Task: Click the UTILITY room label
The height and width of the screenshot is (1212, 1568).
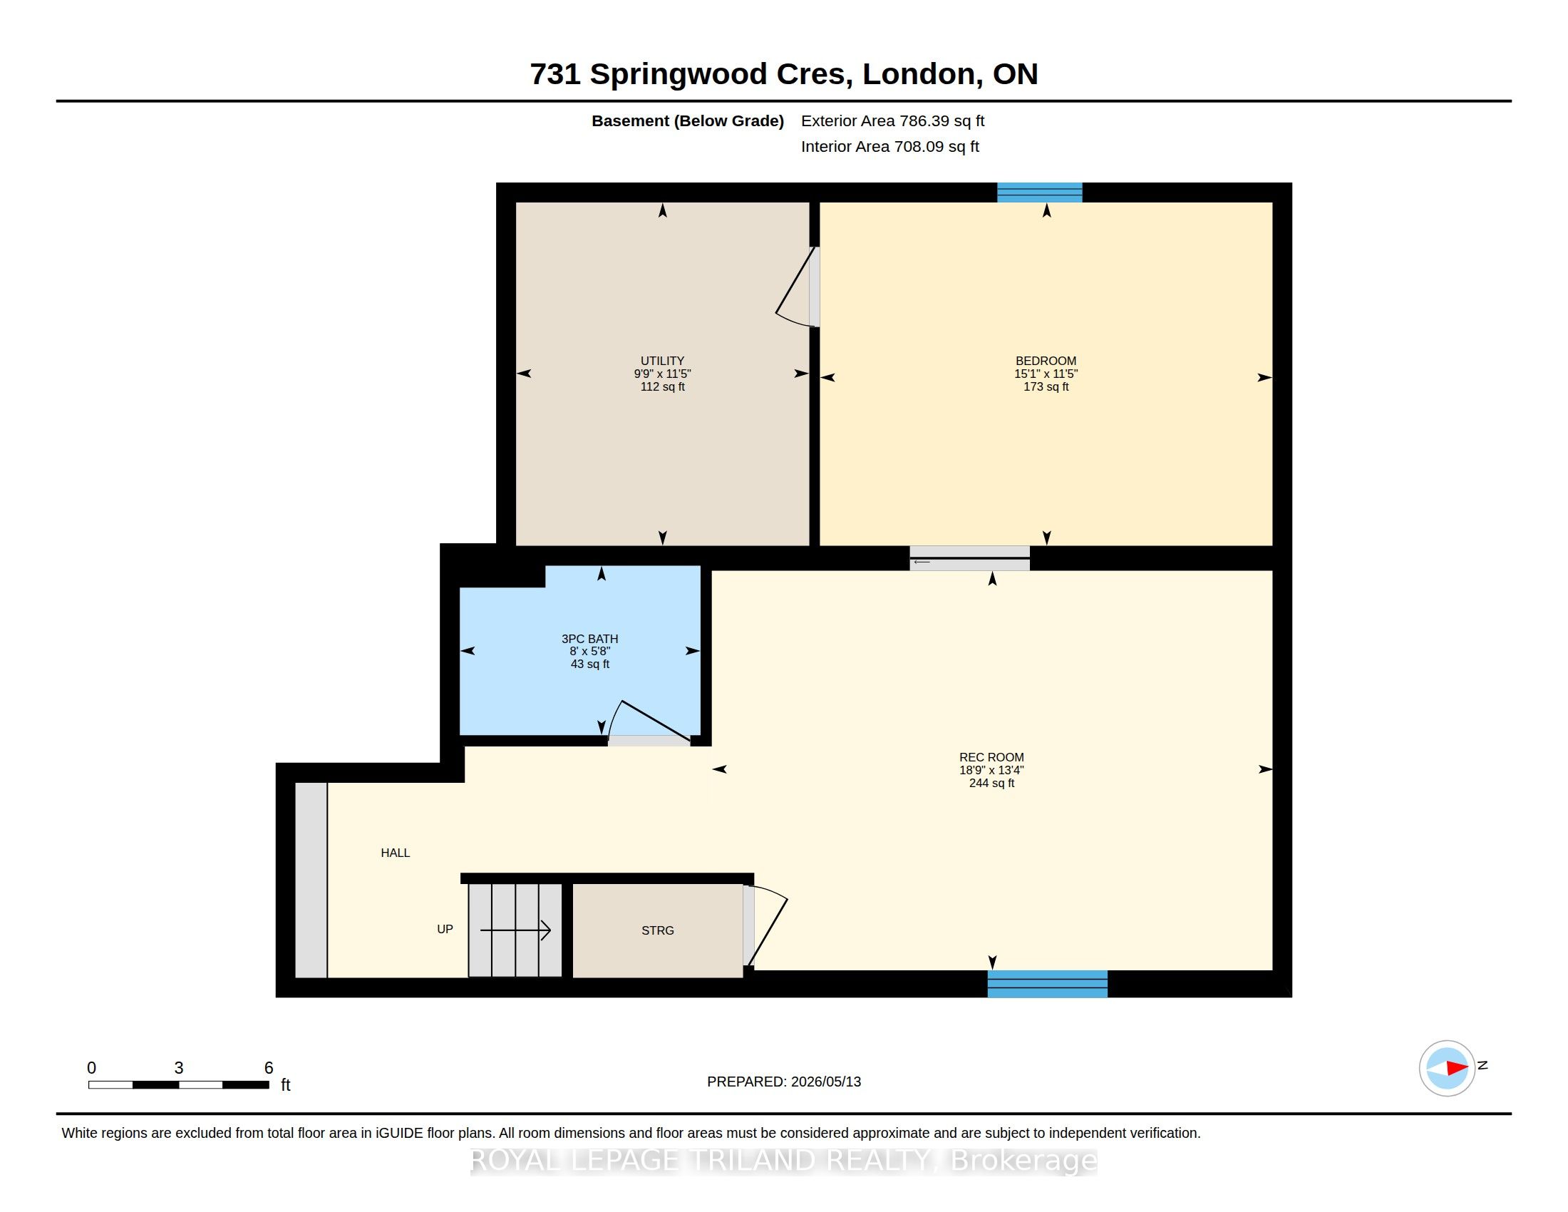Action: [x=662, y=361]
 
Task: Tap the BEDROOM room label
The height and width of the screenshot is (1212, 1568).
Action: [x=1046, y=361]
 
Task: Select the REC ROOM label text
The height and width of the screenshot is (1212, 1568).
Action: [x=991, y=756]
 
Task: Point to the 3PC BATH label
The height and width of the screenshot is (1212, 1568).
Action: [x=589, y=638]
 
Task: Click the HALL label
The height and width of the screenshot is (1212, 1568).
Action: [x=395, y=852]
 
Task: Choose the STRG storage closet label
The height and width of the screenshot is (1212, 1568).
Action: [x=658, y=930]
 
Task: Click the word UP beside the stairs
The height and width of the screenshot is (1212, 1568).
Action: [x=445, y=928]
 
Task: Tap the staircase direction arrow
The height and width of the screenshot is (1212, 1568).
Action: [x=515, y=930]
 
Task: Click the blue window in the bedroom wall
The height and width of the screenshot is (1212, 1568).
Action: [x=1039, y=192]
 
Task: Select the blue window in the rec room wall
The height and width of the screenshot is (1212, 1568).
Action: [x=1048, y=984]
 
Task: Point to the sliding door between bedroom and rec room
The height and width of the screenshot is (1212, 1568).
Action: [x=969, y=558]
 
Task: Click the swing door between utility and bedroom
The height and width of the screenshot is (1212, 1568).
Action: [x=797, y=288]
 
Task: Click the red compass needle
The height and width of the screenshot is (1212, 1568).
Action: [x=1458, y=1068]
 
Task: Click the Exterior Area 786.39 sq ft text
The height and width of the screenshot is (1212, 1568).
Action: [x=892, y=120]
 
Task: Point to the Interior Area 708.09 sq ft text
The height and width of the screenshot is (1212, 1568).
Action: [x=889, y=146]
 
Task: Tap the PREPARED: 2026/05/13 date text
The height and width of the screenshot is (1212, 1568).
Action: [x=784, y=1082]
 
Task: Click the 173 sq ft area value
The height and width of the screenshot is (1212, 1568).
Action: [x=1046, y=386]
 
